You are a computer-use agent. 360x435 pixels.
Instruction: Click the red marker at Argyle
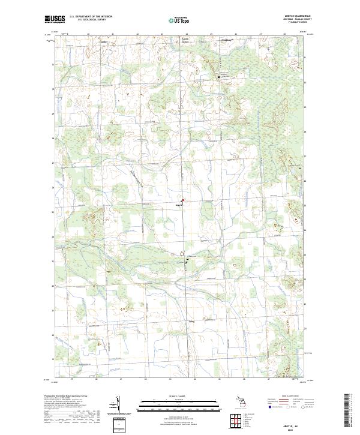(x=183, y=200)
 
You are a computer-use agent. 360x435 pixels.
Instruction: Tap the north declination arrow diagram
(x=117, y=404)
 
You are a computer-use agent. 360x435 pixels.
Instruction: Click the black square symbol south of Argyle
(x=185, y=262)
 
